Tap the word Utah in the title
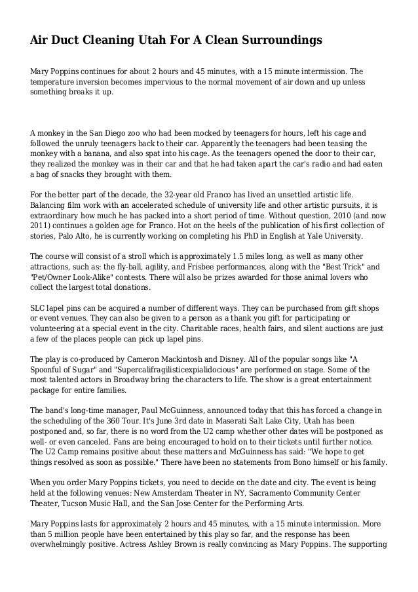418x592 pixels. click(x=149, y=41)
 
